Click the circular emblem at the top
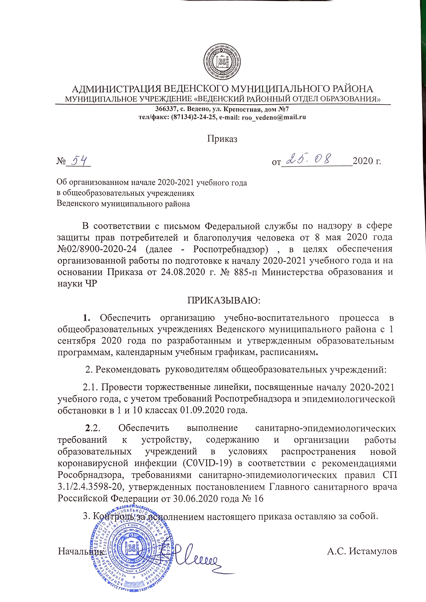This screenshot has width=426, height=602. (222, 63)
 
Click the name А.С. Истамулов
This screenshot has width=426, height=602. (362, 551)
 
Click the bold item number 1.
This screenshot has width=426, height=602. (87, 318)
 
